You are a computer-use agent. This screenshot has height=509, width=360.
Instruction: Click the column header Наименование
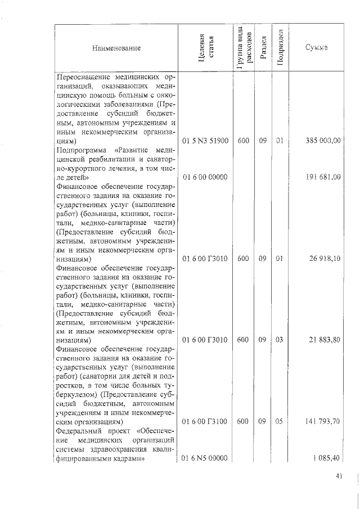pos(116,49)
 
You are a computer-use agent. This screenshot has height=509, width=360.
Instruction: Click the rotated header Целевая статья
pos(205,49)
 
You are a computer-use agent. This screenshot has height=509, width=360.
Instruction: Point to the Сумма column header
pos(317,49)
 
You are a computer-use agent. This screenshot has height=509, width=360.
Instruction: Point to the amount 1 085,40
pos(327,458)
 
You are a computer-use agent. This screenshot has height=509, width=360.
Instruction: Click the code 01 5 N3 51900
pos(205,141)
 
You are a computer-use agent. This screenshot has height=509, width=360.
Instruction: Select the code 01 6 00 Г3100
pos(205,422)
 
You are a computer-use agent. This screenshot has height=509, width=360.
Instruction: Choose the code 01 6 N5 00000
pos(205,458)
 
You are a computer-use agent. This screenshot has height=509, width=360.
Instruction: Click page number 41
pos(339,476)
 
